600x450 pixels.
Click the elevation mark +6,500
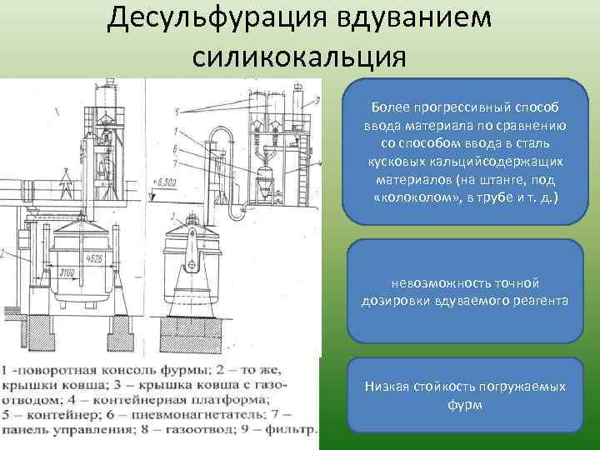[x=168, y=181]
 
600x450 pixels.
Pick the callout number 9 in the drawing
[x=317, y=101]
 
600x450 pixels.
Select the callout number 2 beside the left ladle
[x=4, y=251]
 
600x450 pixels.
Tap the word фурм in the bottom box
[x=465, y=404]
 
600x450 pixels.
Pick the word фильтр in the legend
[x=291, y=430]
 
